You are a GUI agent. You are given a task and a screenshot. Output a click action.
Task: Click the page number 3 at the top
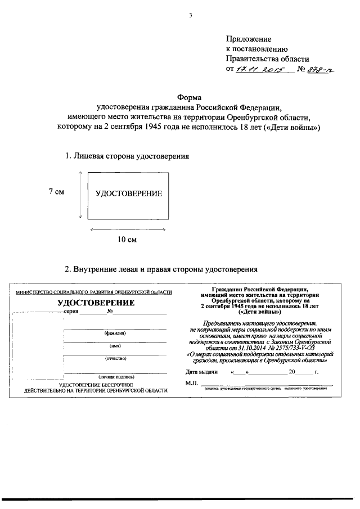click(x=191, y=15)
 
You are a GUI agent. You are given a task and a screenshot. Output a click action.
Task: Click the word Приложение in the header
click(x=248, y=39)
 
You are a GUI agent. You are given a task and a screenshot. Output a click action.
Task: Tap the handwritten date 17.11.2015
click(x=262, y=69)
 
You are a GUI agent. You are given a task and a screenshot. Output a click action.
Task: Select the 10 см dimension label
click(x=127, y=240)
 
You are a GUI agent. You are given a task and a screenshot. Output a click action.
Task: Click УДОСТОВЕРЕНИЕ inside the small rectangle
click(x=128, y=193)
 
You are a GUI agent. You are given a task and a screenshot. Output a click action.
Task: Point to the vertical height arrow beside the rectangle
click(x=82, y=194)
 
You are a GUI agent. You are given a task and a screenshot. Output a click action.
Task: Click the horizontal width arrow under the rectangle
click(x=128, y=229)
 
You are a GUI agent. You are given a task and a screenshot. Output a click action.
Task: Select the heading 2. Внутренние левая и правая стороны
click(x=161, y=268)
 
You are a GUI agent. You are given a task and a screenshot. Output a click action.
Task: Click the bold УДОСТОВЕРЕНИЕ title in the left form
click(x=96, y=303)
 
